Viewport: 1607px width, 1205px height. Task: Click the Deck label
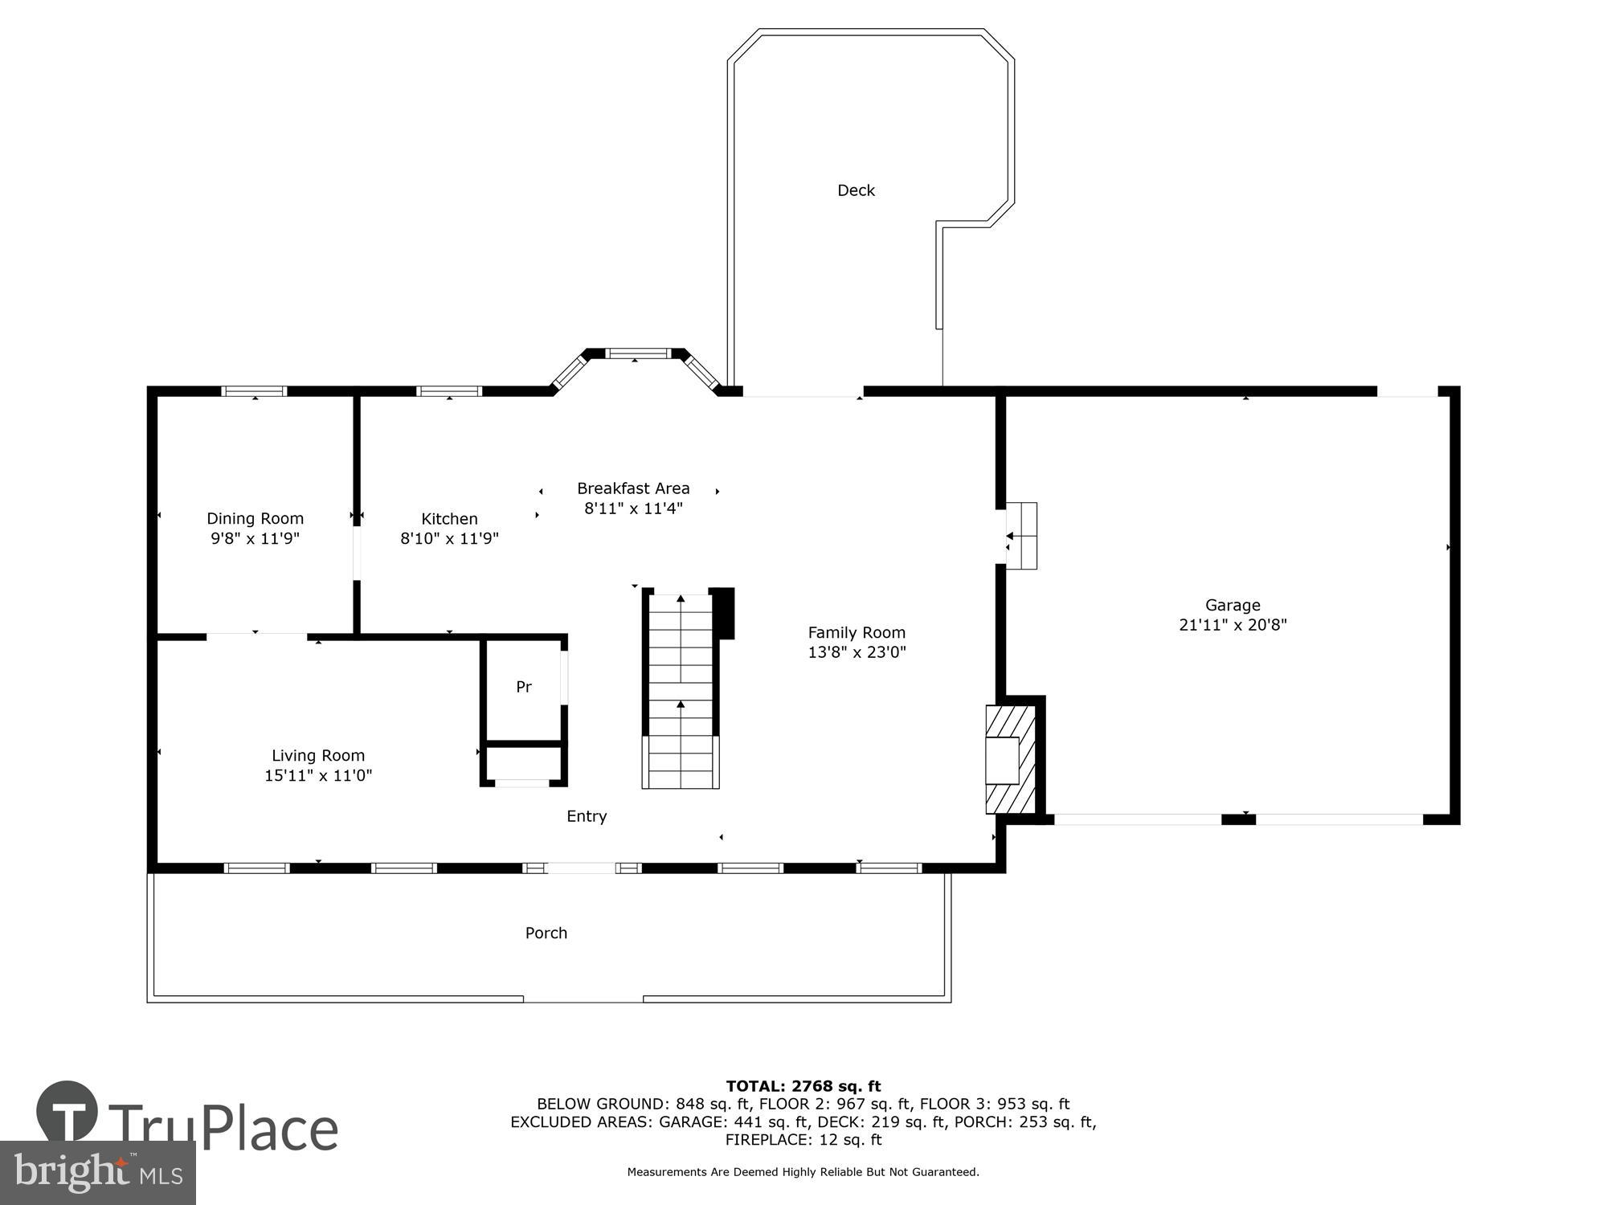pos(856,190)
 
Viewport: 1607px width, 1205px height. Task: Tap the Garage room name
pos(1233,605)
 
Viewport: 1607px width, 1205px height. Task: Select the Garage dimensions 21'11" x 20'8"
pos(1233,625)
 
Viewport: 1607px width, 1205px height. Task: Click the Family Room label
pos(857,632)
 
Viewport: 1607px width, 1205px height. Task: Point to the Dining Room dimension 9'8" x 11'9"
pos(255,538)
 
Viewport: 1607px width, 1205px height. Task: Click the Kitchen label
pos(449,519)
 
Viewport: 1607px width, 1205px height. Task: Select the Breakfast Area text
pos(633,488)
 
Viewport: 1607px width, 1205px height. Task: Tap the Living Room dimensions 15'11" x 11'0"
pos(318,775)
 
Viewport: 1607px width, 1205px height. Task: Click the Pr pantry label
pos(524,687)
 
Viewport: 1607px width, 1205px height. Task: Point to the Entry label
pos(587,816)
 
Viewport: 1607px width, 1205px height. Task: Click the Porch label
pos(546,933)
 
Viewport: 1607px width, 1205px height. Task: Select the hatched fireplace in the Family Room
pos(1010,759)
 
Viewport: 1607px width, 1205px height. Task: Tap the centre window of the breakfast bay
pos(637,353)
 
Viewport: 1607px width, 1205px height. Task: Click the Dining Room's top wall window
pos(254,391)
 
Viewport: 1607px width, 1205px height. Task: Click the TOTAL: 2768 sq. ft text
pos(803,1087)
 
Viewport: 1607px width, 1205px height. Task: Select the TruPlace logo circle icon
pos(67,1113)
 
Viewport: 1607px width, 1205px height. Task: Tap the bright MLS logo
pos(97,1173)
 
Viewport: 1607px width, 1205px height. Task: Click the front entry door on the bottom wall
pos(581,868)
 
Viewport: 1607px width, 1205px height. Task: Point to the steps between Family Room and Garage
pos(1021,536)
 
